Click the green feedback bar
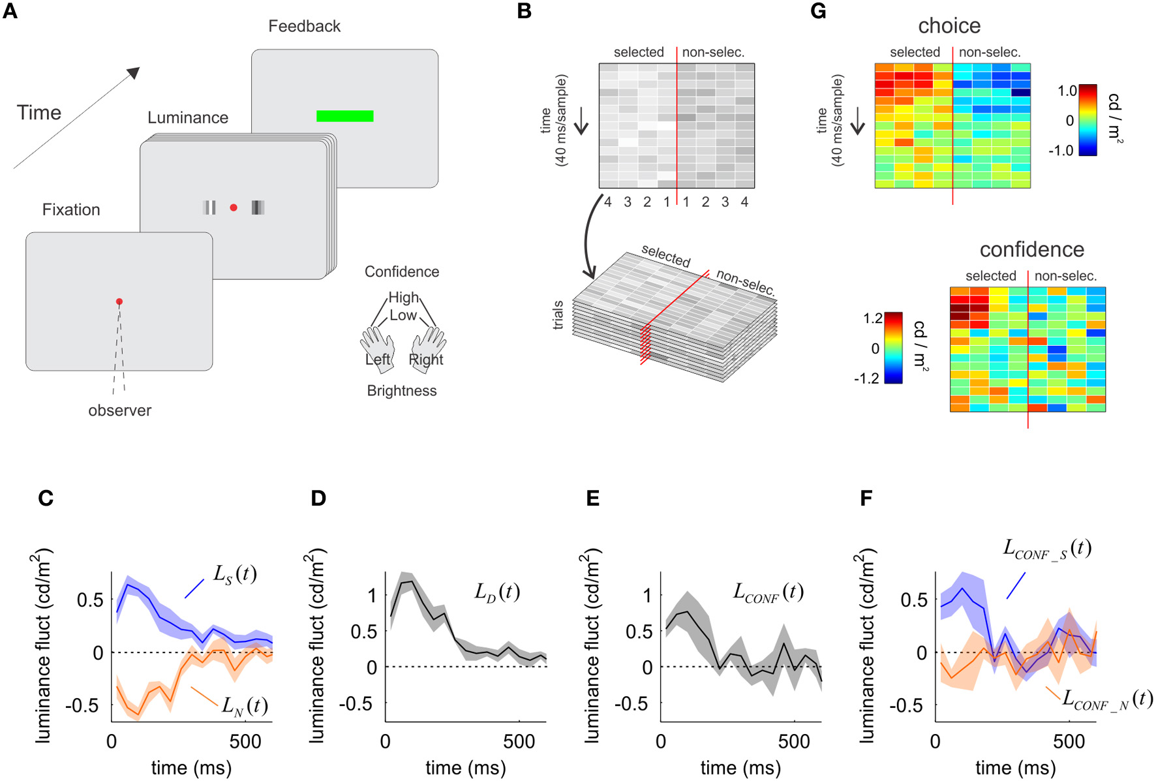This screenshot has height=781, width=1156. pyautogui.click(x=344, y=116)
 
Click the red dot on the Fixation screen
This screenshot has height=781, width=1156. pyautogui.click(x=119, y=301)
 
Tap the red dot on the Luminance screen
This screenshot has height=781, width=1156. pyautogui.click(x=234, y=207)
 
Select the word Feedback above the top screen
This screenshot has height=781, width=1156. pyautogui.click(x=304, y=26)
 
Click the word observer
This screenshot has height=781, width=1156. pyautogui.click(x=119, y=410)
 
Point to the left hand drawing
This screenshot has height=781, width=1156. pyautogui.click(x=378, y=348)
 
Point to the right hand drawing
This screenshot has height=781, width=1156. pyautogui.click(x=428, y=348)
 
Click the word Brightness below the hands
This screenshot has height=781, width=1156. pyautogui.click(x=401, y=391)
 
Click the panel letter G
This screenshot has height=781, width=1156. pyautogui.click(x=818, y=12)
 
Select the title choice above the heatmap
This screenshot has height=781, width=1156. pyautogui.click(x=949, y=26)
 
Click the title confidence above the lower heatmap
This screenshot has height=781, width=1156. pyautogui.click(x=1031, y=249)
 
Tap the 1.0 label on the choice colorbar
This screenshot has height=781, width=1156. pyautogui.click(x=1067, y=91)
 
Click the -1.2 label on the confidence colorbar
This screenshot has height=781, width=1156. pyautogui.click(x=867, y=379)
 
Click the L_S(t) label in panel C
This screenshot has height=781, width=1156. pyautogui.click(x=235, y=574)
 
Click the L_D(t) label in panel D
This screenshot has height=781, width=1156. pyautogui.click(x=496, y=592)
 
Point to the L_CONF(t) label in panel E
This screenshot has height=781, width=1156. pyautogui.click(x=768, y=592)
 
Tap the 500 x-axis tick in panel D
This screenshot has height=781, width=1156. pyautogui.click(x=519, y=741)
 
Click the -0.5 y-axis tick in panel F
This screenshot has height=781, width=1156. pyautogui.click(x=906, y=706)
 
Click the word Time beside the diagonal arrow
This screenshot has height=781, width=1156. pyautogui.click(x=39, y=113)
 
